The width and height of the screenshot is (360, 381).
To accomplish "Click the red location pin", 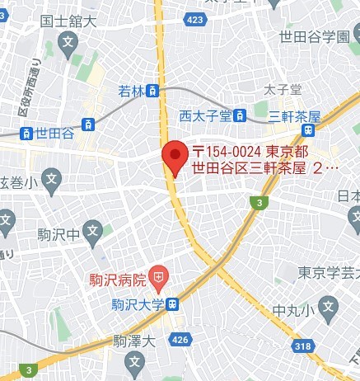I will click(174, 156).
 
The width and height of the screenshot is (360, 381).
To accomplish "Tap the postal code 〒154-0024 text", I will click(227, 152).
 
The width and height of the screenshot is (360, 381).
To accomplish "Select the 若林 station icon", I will click(152, 92).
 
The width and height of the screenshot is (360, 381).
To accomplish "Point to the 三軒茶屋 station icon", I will click(308, 130).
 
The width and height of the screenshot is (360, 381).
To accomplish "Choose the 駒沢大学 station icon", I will click(171, 304).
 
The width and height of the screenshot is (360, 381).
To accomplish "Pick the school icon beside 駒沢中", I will click(93, 233).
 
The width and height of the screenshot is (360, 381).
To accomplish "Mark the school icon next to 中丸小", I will click(329, 311).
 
